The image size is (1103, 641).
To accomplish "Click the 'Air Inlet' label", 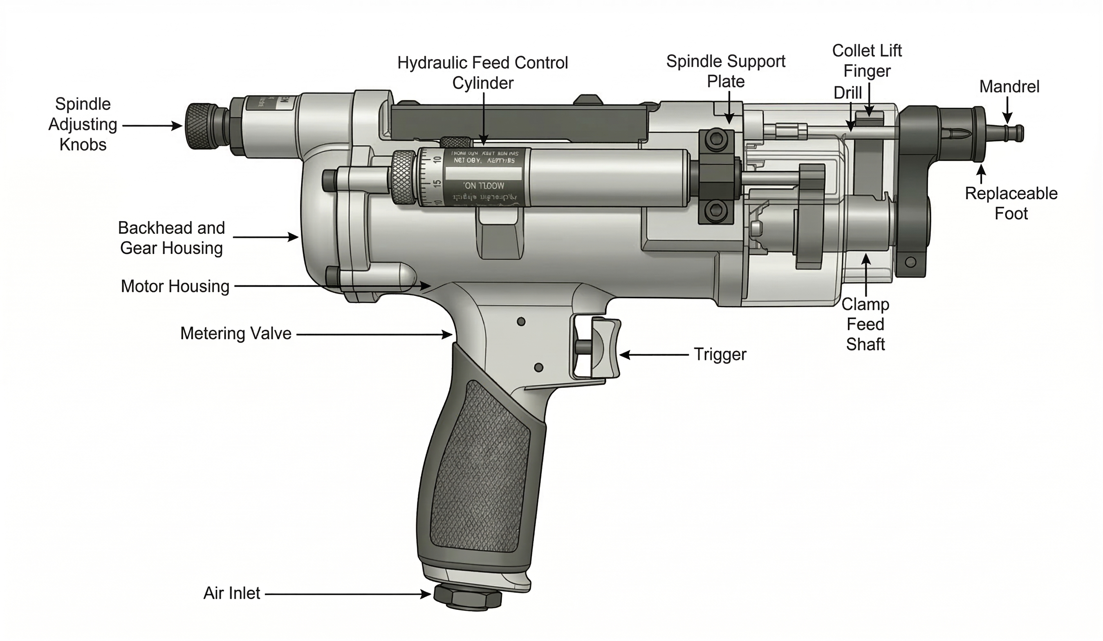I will (x=231, y=593).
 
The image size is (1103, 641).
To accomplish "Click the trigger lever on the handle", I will (x=606, y=348).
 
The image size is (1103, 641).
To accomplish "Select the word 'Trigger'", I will (x=720, y=354).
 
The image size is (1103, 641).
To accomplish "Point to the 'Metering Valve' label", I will (x=235, y=334).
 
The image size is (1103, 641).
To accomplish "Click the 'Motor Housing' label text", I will (x=175, y=287).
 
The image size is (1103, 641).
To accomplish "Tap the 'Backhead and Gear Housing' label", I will (x=171, y=238).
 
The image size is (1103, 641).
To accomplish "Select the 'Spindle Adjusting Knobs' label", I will (x=83, y=124).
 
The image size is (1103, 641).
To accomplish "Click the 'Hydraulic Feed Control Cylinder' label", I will (x=482, y=73).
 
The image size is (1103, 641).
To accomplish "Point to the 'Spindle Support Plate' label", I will (x=726, y=71).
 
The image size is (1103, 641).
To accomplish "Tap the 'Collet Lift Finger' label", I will (x=867, y=61).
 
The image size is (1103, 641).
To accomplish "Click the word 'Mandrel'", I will (x=1009, y=87).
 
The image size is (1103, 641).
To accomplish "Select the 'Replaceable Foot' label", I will (x=1011, y=204).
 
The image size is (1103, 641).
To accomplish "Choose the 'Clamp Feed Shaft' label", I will (x=865, y=324).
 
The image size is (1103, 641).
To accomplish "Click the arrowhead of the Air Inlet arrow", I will (x=426, y=594).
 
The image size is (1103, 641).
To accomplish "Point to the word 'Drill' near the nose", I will (x=847, y=93).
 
